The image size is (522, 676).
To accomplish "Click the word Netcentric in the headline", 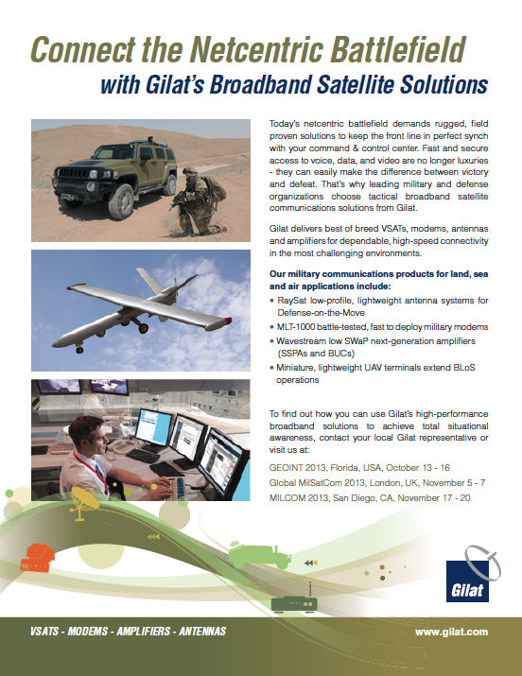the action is click(x=256, y=49).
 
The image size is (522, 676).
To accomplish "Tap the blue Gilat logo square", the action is click(x=467, y=581).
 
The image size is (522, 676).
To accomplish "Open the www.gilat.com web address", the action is click(x=451, y=632).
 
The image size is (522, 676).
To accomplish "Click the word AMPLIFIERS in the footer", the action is click(x=144, y=632).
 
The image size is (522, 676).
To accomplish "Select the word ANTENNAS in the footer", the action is click(x=202, y=632).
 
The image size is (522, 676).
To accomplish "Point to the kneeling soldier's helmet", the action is click(x=190, y=170).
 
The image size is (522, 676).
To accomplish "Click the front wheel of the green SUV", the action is click(x=122, y=201).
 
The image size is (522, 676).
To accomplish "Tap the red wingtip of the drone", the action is click(x=227, y=321).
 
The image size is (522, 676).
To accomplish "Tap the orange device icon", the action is click(x=37, y=558).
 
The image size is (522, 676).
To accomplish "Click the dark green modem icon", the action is click(x=294, y=601).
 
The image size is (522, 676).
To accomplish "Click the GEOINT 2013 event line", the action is click(x=359, y=468).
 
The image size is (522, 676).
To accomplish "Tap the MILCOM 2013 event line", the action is click(x=370, y=498).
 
